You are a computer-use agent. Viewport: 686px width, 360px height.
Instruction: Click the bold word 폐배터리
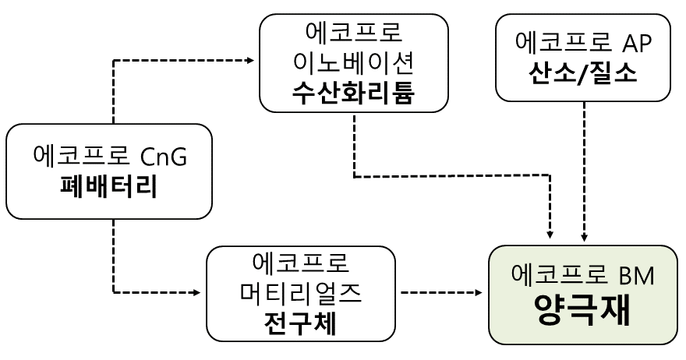coord(108,188)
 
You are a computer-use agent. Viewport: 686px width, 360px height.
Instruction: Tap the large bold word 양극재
coord(582,316)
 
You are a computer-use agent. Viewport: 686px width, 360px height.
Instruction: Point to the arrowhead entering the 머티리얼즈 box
coord(197,293)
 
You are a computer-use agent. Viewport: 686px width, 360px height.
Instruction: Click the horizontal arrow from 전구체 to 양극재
coord(440,293)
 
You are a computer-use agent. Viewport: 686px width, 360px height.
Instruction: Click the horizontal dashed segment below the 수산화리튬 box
coord(452,177)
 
